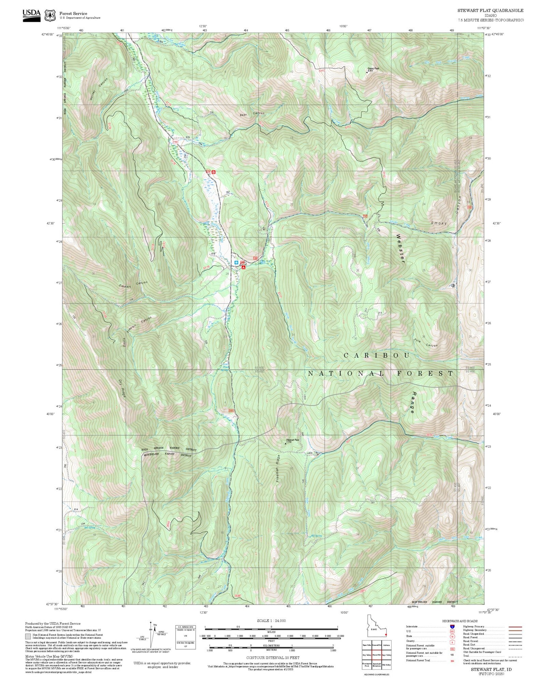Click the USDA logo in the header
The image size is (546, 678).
tap(31, 15)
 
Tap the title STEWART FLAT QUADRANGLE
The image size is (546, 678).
tap(490, 11)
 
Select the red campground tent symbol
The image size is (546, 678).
tap(244, 267)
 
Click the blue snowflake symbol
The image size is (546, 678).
tap(237, 262)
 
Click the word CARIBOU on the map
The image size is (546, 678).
tap(377, 356)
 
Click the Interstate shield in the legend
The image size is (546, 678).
tap(452, 626)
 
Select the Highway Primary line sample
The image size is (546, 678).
tap(515, 627)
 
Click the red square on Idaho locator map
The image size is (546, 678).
tap(386, 635)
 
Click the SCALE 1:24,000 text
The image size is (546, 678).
tap(271, 621)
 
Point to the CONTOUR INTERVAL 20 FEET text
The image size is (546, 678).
tap(272, 658)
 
